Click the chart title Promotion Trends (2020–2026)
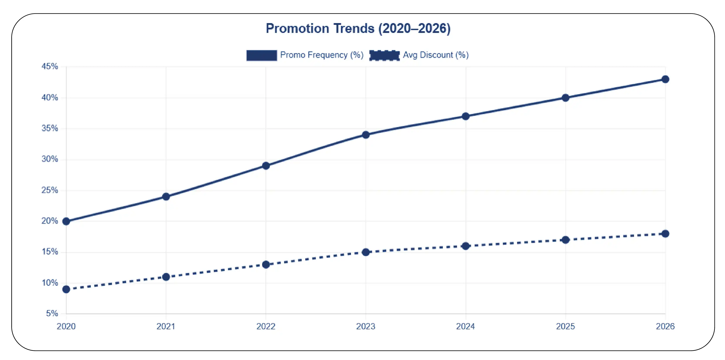coord(358,29)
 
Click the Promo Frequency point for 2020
coord(66,221)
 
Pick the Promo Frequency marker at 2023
coord(366,135)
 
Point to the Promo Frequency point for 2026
coord(665,79)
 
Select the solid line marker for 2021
coord(166,197)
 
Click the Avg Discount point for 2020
coord(66,289)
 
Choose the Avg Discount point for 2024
coord(465,246)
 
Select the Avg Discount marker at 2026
coord(665,234)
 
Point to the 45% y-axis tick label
coord(50,66)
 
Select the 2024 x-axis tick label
coord(465,326)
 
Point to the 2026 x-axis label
coord(665,326)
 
